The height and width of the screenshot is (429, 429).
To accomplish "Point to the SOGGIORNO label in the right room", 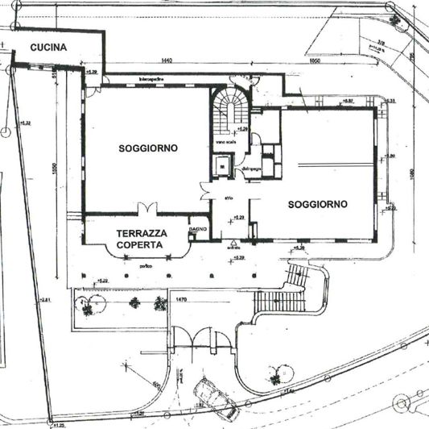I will [317, 205].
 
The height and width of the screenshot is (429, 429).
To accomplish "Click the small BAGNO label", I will [199, 230].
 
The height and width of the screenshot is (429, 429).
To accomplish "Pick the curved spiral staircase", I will [229, 109].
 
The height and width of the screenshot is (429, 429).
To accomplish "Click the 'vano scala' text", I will [225, 144].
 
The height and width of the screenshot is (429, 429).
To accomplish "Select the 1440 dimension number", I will [167, 61].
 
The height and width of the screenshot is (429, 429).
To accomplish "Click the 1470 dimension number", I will [180, 300].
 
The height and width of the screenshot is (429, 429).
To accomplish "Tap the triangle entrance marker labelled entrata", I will [232, 243].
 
